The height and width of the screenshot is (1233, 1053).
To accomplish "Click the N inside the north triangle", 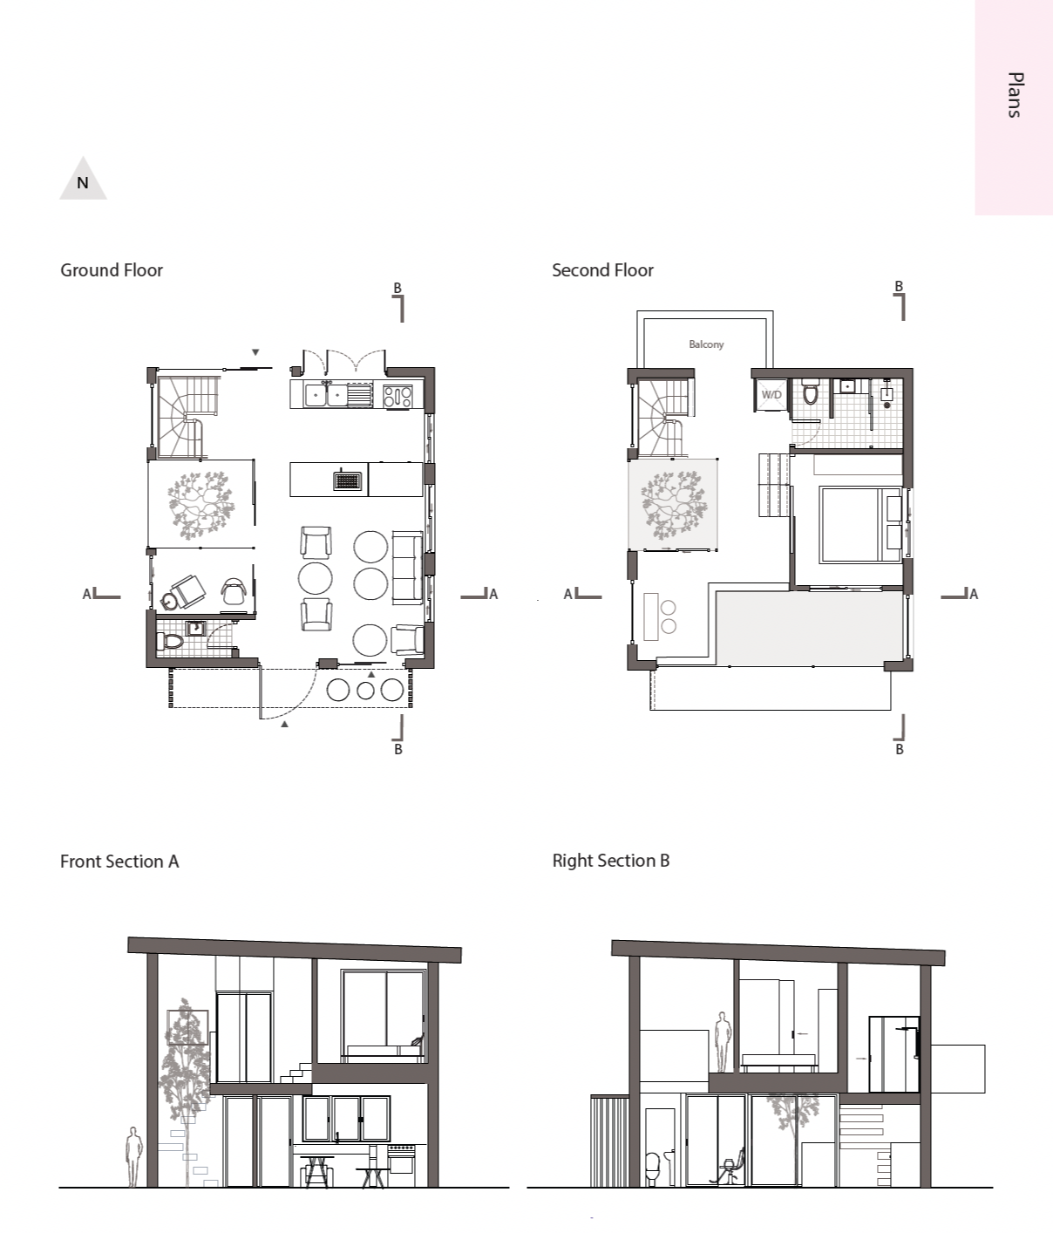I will point(83,183).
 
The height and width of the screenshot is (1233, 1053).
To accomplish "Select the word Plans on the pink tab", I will point(1014,95).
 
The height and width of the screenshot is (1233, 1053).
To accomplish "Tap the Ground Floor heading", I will point(112,270).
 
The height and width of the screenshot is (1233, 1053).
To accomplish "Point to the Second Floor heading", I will point(602,270).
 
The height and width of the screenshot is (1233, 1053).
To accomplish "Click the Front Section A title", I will point(119,862).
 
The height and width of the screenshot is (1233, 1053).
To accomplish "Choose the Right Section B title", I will point(610,861).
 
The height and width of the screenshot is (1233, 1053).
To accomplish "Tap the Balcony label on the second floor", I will point(706,344).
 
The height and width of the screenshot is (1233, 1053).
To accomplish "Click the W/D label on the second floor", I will point(771,395).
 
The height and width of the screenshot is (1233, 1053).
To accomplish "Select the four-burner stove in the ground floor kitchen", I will point(397,397).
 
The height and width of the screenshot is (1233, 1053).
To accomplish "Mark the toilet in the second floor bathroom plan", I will point(811,393).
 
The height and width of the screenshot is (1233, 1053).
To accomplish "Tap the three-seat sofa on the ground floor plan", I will point(407,567).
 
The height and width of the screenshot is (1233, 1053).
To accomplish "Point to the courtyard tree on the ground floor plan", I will point(201,504).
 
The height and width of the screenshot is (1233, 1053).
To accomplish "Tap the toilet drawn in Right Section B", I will point(652,1168).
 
